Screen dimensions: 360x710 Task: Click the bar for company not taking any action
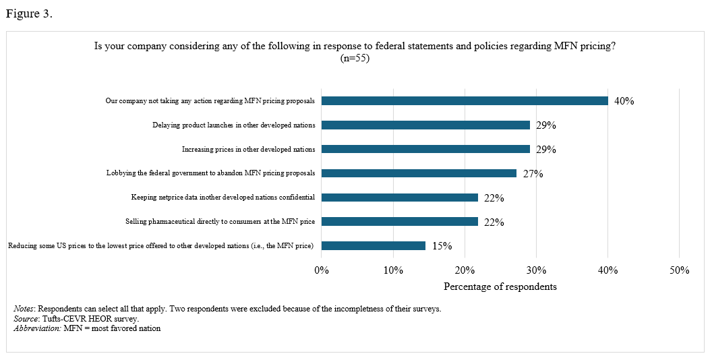tap(465, 100)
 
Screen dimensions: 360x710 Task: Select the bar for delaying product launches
tap(425, 125)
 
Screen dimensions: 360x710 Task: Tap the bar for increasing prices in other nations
tap(425, 149)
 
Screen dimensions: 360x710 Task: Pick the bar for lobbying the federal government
tap(419, 173)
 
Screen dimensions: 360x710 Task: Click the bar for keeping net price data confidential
tap(400, 198)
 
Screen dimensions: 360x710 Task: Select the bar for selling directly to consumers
tap(400, 222)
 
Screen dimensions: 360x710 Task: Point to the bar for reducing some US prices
tap(374, 246)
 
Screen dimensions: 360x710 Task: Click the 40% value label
tap(624, 101)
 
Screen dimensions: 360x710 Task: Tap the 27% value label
tap(533, 174)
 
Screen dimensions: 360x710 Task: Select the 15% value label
tap(442, 247)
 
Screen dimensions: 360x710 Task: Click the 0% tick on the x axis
tap(322, 270)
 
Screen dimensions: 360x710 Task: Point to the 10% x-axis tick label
tap(393, 270)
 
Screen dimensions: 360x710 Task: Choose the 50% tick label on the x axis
tap(679, 270)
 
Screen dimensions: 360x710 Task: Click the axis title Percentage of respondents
tap(500, 287)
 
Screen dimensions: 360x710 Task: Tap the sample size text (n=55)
tap(355, 58)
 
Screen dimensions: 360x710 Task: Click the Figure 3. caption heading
tap(29, 14)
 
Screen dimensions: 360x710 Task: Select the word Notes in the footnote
tap(25, 309)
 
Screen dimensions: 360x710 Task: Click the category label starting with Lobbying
tap(210, 173)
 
